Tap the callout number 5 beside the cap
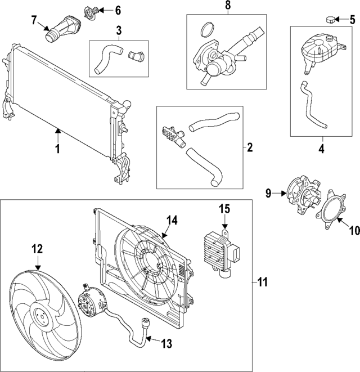352,20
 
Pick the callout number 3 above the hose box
118,29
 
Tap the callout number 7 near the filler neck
34,20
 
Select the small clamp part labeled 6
92,11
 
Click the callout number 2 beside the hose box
249,148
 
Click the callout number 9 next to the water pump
268,194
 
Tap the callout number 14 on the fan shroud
172,221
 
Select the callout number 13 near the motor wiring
167,342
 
